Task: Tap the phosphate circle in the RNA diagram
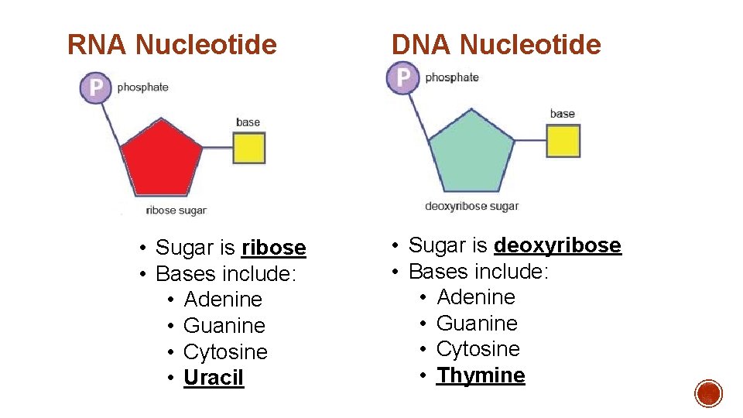pyautogui.click(x=95, y=87)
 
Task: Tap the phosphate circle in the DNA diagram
pyautogui.click(x=402, y=78)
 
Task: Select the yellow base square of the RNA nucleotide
pyautogui.click(x=249, y=148)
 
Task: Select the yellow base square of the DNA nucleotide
pyautogui.click(x=563, y=141)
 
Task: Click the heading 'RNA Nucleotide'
pyautogui.click(x=172, y=45)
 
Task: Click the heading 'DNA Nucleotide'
pyautogui.click(x=496, y=45)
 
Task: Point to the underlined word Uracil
pyautogui.click(x=214, y=378)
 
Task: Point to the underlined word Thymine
pyautogui.click(x=481, y=375)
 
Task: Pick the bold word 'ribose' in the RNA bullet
pyautogui.click(x=274, y=248)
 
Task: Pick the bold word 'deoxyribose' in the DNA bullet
pyautogui.click(x=557, y=245)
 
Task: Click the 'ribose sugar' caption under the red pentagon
pyautogui.click(x=176, y=211)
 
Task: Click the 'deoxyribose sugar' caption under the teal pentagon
pyautogui.click(x=472, y=206)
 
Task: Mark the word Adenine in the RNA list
pyautogui.click(x=223, y=300)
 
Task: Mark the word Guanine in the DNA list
pyautogui.click(x=477, y=323)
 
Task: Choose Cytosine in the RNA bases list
pyautogui.click(x=225, y=351)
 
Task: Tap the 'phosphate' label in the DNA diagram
pyautogui.click(x=452, y=77)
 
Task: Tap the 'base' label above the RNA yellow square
pyautogui.click(x=248, y=122)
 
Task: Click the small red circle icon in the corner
pyautogui.click(x=708, y=393)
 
